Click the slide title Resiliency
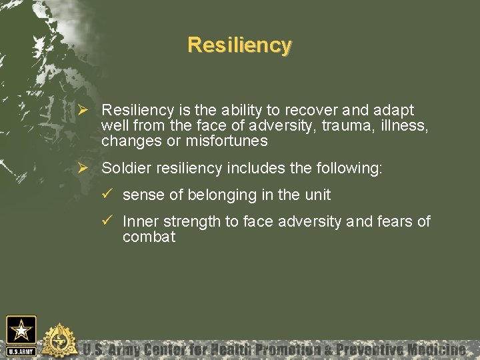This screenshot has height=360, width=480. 239,45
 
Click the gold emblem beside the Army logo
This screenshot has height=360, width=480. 59,340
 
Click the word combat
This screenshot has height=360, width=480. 149,237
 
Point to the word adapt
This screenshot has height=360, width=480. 397,110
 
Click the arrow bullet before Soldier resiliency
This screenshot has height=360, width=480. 83,168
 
